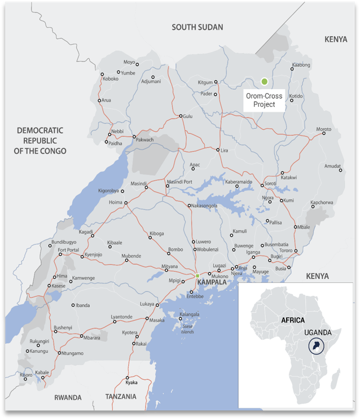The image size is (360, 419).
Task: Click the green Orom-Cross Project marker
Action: [264, 82]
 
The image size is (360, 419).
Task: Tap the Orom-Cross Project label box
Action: [264, 100]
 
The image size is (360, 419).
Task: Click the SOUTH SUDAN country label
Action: [197, 27]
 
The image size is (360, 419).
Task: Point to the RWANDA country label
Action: [68, 398]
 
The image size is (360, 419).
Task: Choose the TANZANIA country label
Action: [121, 397]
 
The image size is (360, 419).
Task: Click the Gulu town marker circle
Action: [181, 116]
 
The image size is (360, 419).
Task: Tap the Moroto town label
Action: [323, 129]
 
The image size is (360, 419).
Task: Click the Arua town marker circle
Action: [99, 101]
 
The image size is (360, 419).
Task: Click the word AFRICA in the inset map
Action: [293, 320]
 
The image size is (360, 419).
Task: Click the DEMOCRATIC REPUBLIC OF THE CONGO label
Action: [40, 141]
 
